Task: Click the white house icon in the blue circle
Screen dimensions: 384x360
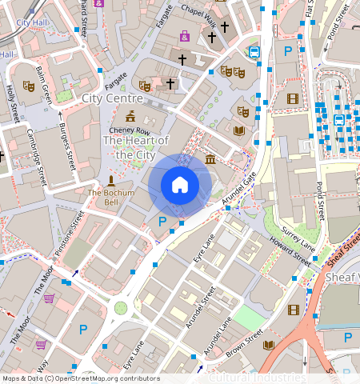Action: (x=180, y=185)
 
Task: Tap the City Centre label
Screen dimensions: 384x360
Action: (x=112, y=98)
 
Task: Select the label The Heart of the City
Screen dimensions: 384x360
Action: (x=136, y=147)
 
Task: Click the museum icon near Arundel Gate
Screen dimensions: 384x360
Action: (x=210, y=160)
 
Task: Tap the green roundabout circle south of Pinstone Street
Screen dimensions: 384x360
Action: (x=121, y=308)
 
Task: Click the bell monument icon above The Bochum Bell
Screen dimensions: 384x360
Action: (x=110, y=181)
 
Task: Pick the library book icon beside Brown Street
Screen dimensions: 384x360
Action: (x=269, y=345)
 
